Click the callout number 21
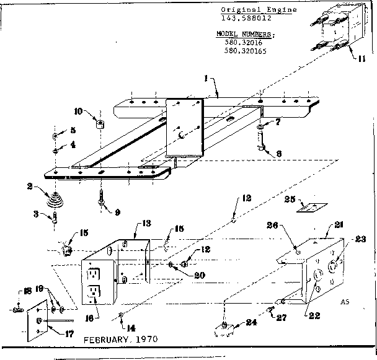(x=339, y=224)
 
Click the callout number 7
(x=278, y=122)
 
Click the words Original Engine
(x=268, y=10)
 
